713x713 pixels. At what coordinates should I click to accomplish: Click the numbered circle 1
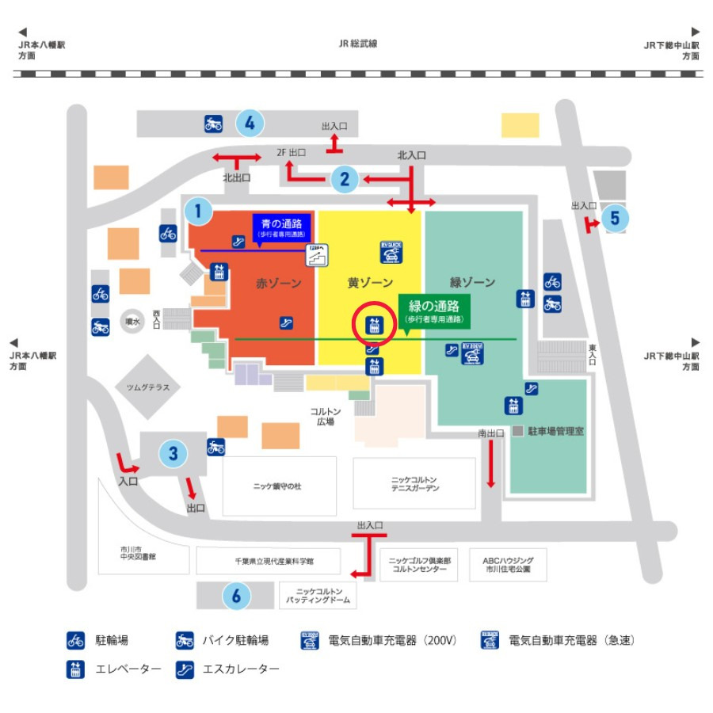click(x=198, y=211)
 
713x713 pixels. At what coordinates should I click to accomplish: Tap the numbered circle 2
click(x=345, y=179)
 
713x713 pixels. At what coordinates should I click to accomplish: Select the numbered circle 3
click(x=173, y=454)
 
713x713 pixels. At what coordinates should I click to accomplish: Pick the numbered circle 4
click(x=250, y=123)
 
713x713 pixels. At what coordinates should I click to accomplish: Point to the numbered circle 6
click(x=236, y=596)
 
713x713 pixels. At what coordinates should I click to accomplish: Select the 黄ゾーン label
click(x=370, y=282)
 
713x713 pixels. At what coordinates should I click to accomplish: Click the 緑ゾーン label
click(x=472, y=282)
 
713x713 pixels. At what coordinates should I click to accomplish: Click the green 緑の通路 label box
click(x=434, y=310)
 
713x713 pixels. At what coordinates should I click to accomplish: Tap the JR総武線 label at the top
click(x=358, y=44)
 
